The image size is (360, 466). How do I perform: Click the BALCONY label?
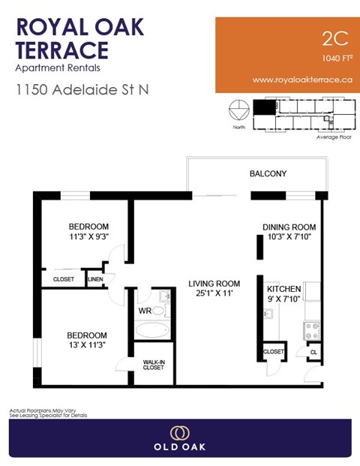[x=268, y=174]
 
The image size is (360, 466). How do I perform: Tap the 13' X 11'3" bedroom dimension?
[x=87, y=345]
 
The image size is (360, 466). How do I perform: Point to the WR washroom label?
[x=145, y=311]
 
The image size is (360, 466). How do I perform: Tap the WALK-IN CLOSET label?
[x=154, y=365]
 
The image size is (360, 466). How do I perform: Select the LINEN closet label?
[x=94, y=279]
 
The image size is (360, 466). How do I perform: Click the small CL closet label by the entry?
[x=313, y=351]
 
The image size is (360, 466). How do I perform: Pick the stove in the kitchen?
[x=311, y=331]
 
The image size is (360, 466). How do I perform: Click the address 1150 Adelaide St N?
[x=82, y=89]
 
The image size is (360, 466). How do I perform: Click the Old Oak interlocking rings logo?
[x=179, y=433]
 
